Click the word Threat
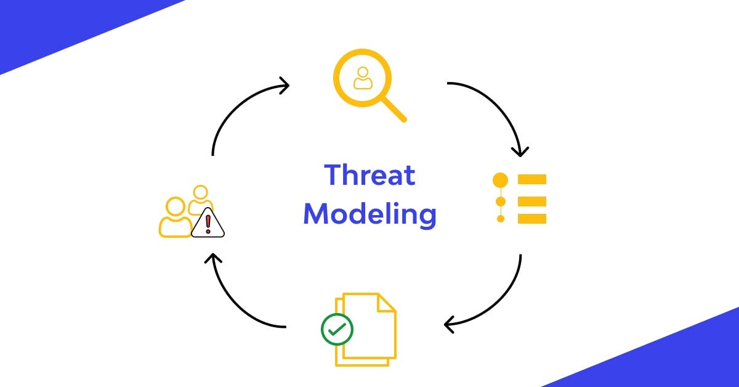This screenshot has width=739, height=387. point(369,176)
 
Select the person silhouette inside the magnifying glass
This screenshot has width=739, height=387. point(363,78)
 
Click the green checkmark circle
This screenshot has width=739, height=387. point(337,329)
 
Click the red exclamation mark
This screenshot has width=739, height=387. point(208,222)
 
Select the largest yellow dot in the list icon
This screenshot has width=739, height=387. point(501,180)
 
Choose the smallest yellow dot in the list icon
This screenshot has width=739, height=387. point(501,219)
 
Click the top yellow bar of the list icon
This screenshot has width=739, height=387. point(532,179)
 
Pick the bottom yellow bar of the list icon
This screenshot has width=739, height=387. point(532,218)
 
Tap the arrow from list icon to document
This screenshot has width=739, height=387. point(499,302)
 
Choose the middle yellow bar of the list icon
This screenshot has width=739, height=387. point(532,199)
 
